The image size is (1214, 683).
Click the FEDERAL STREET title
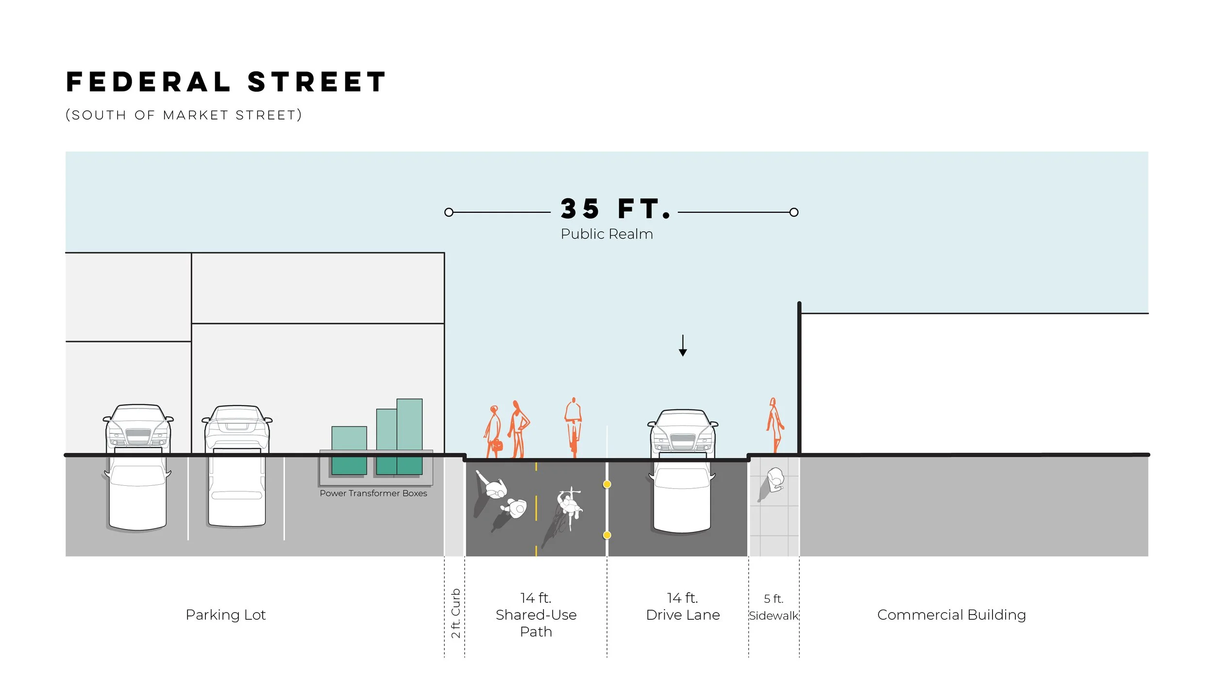point(226,82)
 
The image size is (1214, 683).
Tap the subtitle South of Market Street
point(184,115)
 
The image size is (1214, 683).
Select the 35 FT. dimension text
point(615,209)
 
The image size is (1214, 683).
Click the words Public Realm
point(607,234)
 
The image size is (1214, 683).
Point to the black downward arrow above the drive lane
point(683,346)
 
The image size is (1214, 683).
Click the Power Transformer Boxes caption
point(373,493)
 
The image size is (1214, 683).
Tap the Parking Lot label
point(225,615)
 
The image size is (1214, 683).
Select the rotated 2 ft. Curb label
point(455,613)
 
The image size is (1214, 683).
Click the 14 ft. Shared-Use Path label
point(536,615)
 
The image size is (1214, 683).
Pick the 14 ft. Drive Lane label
point(683,607)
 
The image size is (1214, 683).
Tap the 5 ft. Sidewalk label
point(774,608)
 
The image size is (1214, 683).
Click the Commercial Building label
point(951,615)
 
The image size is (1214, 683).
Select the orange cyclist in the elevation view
point(573,427)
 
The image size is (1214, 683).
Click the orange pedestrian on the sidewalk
point(775,426)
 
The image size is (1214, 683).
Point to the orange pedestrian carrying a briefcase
point(494,432)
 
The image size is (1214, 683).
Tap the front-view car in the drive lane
point(683,432)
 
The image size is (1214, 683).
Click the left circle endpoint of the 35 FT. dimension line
point(449,212)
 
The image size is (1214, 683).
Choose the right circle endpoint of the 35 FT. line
point(794,212)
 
